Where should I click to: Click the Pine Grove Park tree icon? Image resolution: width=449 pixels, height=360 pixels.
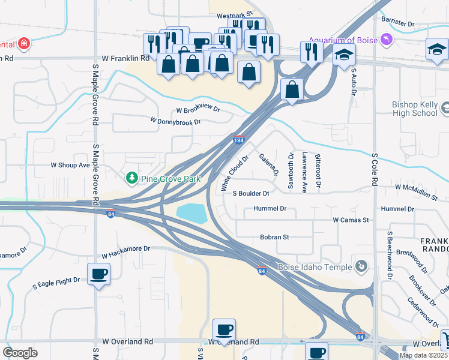point(131,178)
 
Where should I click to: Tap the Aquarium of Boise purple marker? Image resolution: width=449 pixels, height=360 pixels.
point(385,40)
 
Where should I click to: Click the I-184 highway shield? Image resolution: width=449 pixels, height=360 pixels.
point(239,140)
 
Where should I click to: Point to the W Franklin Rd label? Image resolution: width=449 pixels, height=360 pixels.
point(125,59)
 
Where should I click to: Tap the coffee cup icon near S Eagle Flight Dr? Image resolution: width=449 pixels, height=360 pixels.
point(98,275)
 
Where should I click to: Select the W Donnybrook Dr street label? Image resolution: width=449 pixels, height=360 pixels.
point(175,121)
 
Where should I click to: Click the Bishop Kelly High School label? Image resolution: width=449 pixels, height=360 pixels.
point(415,109)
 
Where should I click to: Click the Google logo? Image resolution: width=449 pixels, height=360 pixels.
point(20,352)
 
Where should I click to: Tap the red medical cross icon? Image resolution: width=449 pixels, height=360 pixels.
point(23,44)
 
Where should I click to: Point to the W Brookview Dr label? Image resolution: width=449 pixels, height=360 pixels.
point(198,110)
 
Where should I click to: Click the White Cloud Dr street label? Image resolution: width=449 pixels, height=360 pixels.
point(234,175)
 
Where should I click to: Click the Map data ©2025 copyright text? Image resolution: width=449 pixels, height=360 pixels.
point(423,355)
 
